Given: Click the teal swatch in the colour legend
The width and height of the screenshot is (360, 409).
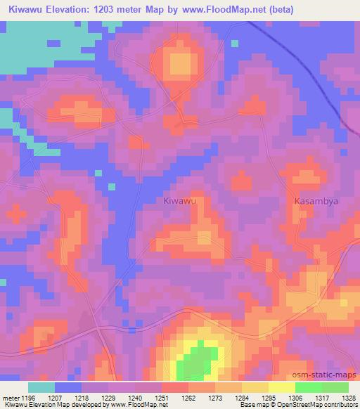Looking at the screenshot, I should pos(41,387).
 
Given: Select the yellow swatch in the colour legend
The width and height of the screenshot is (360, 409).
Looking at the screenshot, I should pos(281,387).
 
